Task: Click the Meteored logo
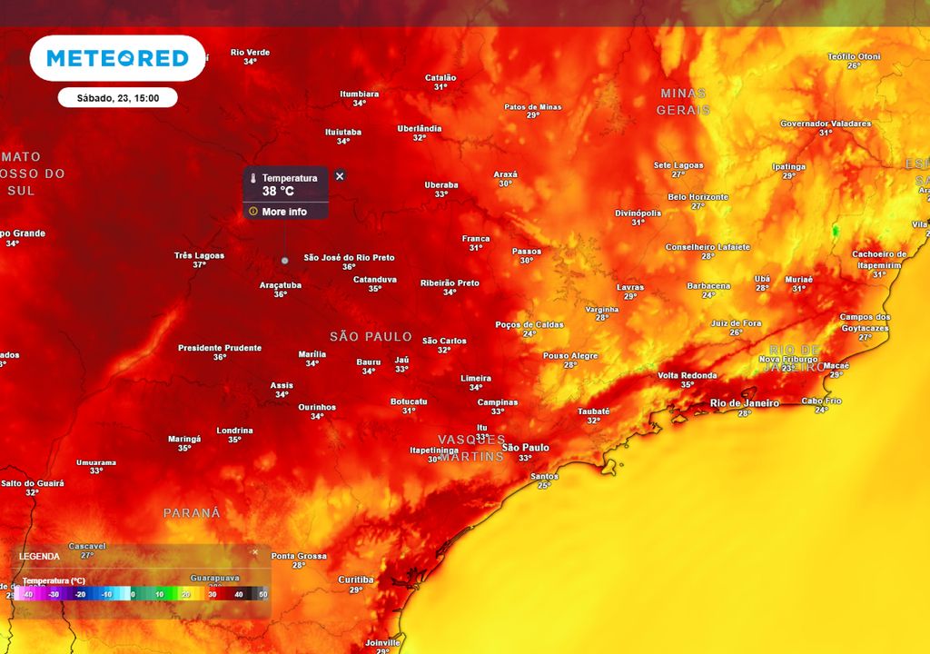pyautogui.click(x=117, y=58)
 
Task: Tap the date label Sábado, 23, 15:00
pyautogui.click(x=117, y=98)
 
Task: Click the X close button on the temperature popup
pyautogui.click(x=340, y=176)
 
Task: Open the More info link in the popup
pyautogui.click(x=283, y=212)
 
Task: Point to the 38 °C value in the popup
pyautogui.click(x=278, y=191)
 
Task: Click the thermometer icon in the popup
pyautogui.click(x=254, y=179)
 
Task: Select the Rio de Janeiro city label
pyautogui.click(x=744, y=402)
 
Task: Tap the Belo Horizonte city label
pyautogui.click(x=697, y=197)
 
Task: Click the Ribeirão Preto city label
pyautogui.click(x=450, y=283)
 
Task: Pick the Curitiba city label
pyautogui.click(x=355, y=580)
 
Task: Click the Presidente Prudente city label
pyautogui.click(x=220, y=348)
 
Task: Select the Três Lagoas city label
pyautogui.click(x=199, y=255)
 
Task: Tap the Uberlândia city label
pyautogui.click(x=419, y=128)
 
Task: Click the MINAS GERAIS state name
pyautogui.click(x=683, y=101)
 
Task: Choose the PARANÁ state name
pyautogui.click(x=192, y=513)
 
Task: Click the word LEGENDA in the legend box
pyautogui.click(x=39, y=556)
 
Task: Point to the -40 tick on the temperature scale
pyautogui.click(x=29, y=594)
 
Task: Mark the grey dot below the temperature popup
pyautogui.click(x=284, y=261)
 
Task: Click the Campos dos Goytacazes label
pyautogui.click(x=865, y=322)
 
